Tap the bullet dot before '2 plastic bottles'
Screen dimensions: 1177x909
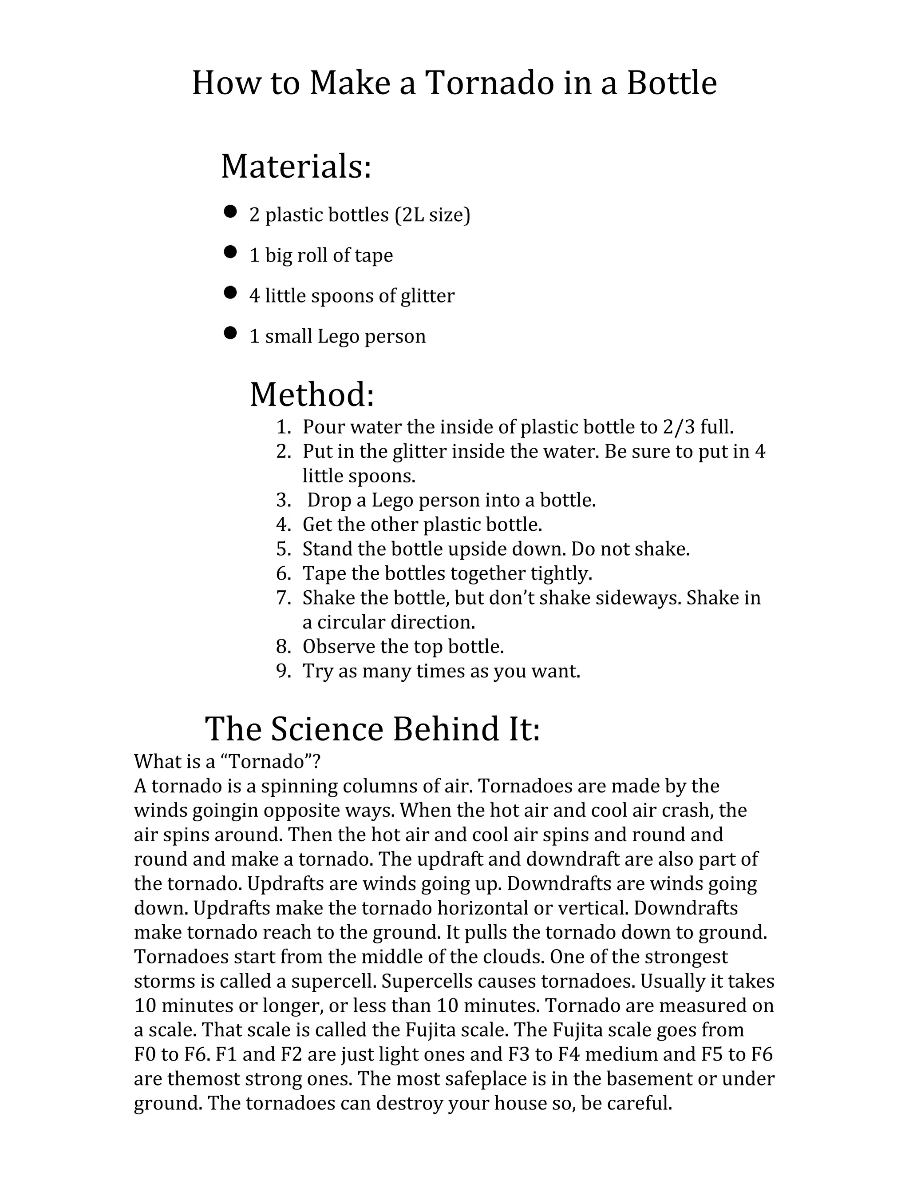(x=230, y=211)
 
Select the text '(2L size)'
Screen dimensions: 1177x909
(x=432, y=215)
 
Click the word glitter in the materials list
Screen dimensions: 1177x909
(x=427, y=295)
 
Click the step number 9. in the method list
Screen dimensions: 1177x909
(x=283, y=672)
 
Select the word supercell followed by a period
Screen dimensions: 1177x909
(x=334, y=982)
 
